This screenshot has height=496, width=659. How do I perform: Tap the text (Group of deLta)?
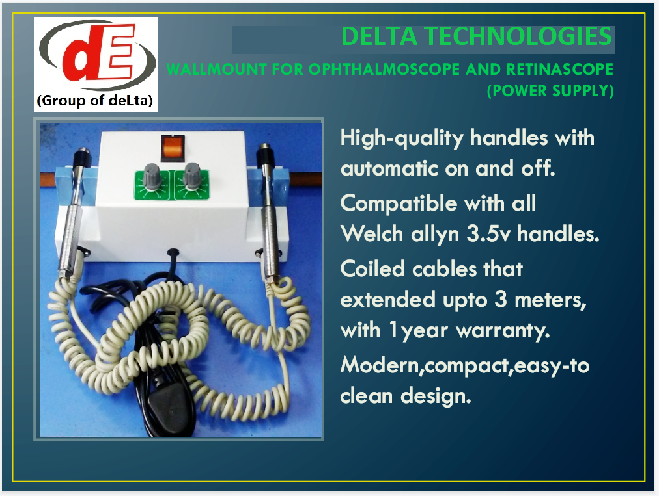coord(95,101)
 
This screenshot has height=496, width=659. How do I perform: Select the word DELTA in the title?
coord(380,36)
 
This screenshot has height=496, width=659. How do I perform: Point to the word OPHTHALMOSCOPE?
coord(384,70)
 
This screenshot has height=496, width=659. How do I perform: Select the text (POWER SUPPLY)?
coord(550,90)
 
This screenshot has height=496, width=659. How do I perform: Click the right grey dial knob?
coord(193,176)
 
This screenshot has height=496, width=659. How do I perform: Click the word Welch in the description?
coord(372,234)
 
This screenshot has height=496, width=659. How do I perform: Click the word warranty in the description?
coord(503,331)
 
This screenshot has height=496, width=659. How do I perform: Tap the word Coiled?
coord(372,269)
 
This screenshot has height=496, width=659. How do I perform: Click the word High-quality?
coord(402,138)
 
